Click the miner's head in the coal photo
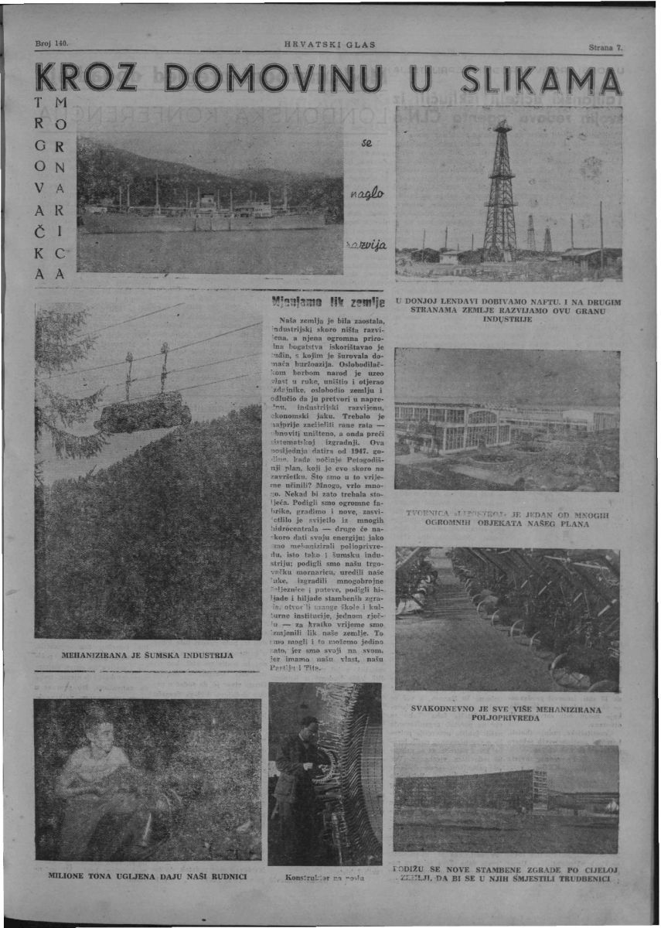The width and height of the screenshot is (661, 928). point(97,727)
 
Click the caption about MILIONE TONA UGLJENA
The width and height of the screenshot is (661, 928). point(147,877)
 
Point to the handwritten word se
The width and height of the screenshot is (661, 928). point(367,144)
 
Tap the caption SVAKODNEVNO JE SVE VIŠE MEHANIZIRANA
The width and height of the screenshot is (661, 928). point(507,712)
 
